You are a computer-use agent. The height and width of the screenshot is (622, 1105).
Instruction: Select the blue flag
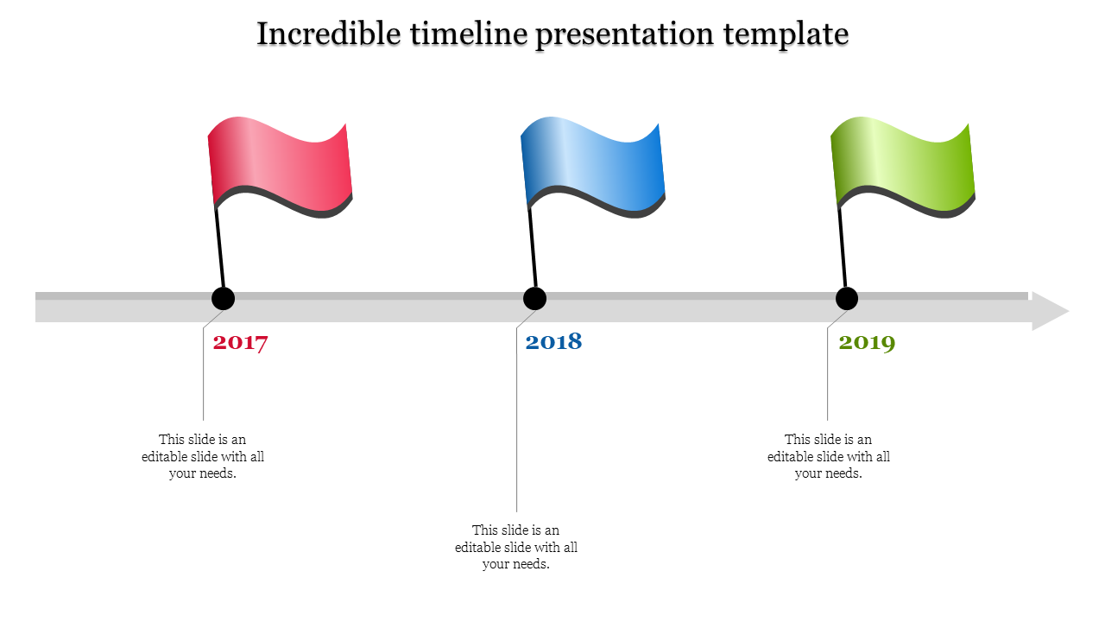(593, 168)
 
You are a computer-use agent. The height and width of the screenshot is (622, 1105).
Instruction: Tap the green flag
(903, 168)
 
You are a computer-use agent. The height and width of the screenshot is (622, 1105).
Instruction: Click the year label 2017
(241, 342)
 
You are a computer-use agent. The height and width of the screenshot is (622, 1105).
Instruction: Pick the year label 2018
(553, 342)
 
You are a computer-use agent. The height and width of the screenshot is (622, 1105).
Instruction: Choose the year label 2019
(867, 342)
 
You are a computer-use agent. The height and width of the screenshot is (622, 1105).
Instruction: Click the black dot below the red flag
(224, 299)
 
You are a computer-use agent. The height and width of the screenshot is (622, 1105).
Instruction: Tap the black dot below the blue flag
(535, 299)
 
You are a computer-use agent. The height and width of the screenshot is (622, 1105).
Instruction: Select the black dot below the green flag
(847, 299)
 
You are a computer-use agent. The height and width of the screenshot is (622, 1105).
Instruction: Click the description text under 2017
(203, 456)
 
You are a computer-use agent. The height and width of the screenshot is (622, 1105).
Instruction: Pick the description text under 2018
(516, 547)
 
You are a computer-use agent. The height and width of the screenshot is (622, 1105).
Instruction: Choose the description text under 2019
(829, 456)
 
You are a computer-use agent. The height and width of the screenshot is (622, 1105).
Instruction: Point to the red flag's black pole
(219, 246)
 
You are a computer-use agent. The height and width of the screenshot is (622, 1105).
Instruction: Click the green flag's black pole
(843, 246)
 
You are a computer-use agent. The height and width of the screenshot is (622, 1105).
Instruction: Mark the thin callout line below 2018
(517, 432)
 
